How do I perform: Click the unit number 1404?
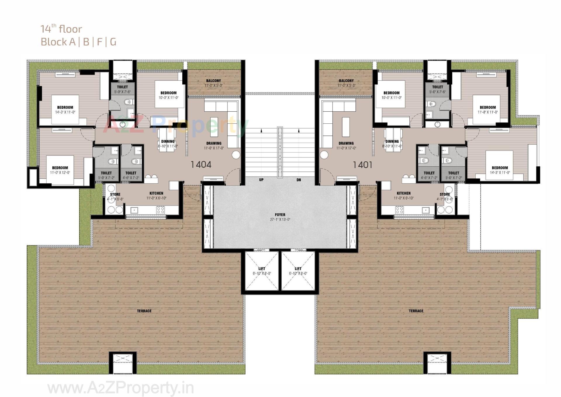coord(201,165)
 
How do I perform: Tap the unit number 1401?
coord(362,165)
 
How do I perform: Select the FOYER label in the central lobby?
coord(280,215)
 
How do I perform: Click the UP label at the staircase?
coord(261,180)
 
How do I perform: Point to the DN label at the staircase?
coord(299,180)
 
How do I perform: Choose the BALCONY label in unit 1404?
coord(214,81)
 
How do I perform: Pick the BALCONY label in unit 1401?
coord(346,81)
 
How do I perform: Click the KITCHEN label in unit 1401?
coord(404,193)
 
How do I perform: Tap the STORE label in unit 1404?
coord(115,194)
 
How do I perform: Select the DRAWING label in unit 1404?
coord(214,143)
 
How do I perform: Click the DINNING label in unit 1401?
coord(392,141)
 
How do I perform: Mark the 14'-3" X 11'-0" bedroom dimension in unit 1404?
coord(65,112)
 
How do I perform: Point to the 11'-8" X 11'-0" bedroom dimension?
coord(488,112)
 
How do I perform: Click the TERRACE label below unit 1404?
coord(144,311)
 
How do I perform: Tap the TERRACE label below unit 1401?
coord(416,311)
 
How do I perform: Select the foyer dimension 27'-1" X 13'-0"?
coord(280,220)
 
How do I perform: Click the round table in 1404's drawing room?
coord(236,155)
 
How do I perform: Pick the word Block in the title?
coord(54,42)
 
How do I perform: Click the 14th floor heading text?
coord(61,29)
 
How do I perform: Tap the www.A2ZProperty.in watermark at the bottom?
coord(120,388)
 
